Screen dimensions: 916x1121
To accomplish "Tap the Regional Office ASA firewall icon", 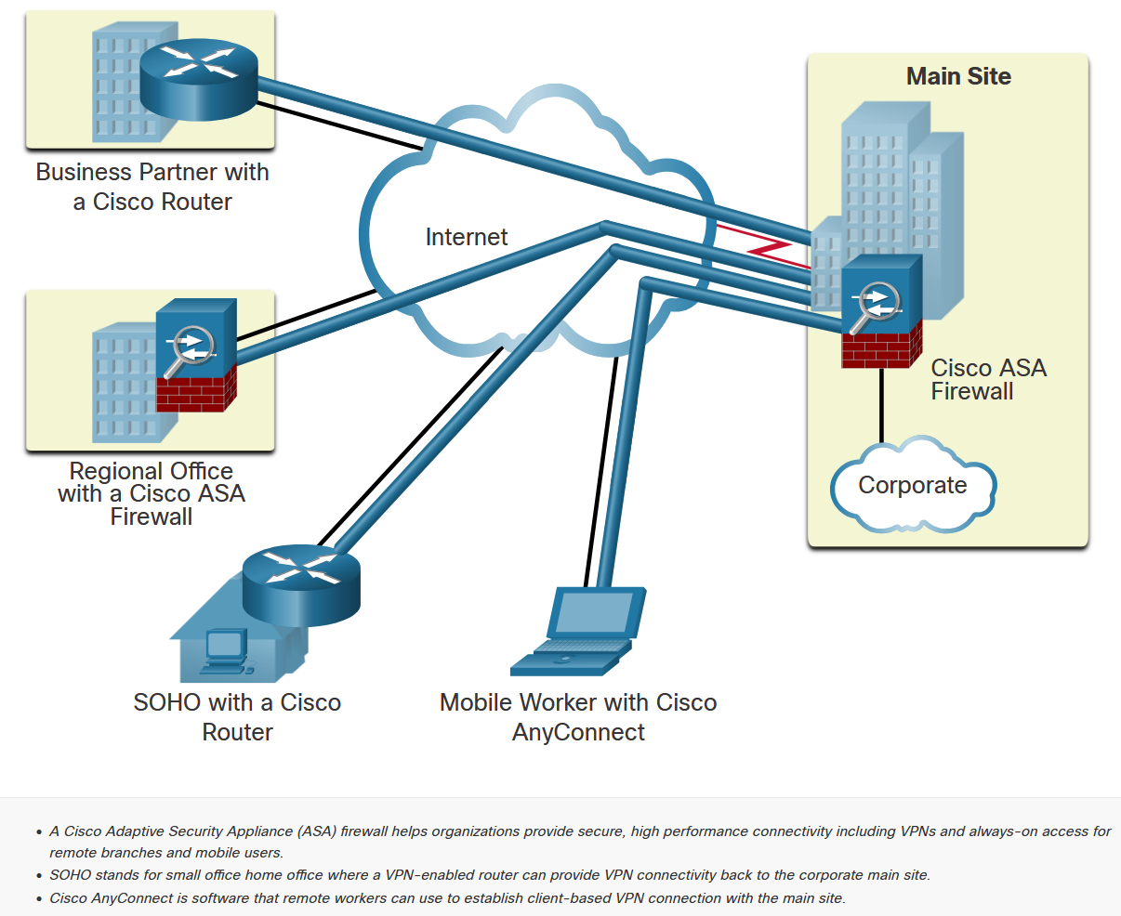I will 196,355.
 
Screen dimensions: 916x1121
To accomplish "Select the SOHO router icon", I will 299,585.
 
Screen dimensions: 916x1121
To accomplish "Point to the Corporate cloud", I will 912,486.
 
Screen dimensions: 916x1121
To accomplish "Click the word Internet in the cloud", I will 466,237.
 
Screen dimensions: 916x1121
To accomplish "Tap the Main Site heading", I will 958,76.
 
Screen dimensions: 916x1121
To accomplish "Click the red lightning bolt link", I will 768,243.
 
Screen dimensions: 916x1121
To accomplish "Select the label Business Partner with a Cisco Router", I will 152,187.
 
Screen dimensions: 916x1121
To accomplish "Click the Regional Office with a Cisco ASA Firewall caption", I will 152,493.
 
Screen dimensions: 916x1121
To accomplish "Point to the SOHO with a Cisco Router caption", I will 237,716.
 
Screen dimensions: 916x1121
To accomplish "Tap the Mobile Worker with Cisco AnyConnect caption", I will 578,716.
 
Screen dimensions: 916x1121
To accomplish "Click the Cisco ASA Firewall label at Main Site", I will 988,379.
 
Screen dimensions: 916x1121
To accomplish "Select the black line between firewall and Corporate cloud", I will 881,404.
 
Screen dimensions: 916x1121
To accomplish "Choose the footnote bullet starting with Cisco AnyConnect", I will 447,898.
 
